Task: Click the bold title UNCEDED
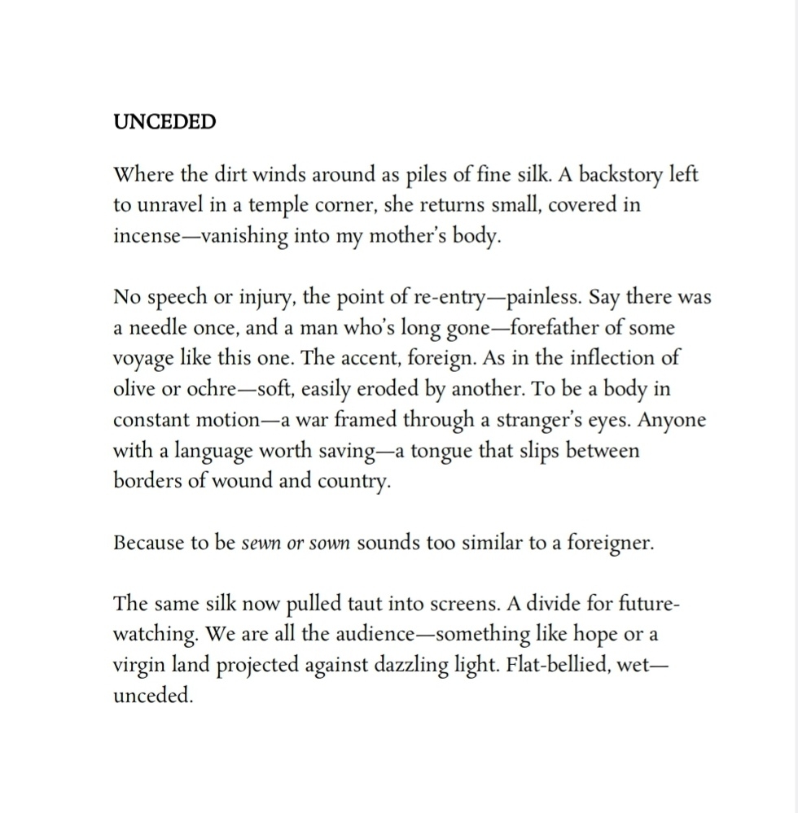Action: point(164,122)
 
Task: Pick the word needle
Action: point(160,328)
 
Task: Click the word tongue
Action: point(438,451)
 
